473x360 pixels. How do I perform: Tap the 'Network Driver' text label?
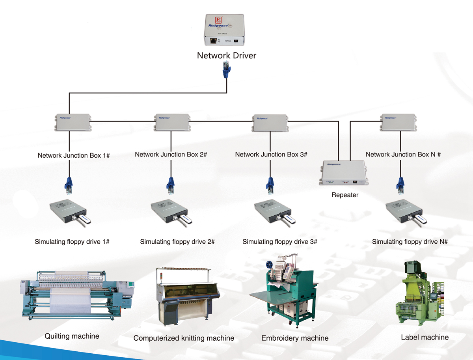[x=227, y=56]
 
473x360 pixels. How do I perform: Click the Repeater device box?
[x=344, y=172]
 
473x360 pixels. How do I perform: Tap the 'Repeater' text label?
[x=345, y=195]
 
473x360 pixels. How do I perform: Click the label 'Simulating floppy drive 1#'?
[x=72, y=242]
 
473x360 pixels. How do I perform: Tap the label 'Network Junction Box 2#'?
[x=171, y=155]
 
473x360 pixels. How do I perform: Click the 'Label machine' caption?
[x=425, y=337]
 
